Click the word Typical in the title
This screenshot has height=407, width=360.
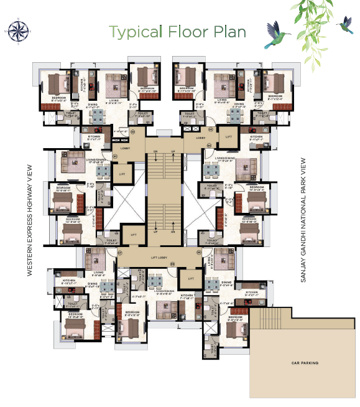pyautogui.click(x=129, y=31)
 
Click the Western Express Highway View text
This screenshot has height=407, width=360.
pyautogui.click(x=29, y=221)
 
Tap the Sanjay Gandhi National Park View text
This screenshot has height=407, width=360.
pyautogui.click(x=303, y=221)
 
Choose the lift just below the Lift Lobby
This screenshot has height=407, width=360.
pyautogui.click(x=190, y=278)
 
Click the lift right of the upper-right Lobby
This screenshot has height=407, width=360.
pyautogui.click(x=228, y=136)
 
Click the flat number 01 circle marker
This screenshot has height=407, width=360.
pyautogui.click(x=114, y=156)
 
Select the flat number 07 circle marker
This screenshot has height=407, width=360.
pyautogui.click(x=121, y=253)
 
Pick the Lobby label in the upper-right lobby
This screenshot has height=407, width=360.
pyautogui.click(x=200, y=138)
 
